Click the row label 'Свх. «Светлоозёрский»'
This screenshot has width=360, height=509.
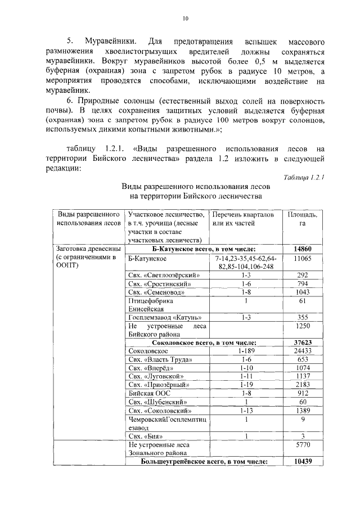click(164, 275)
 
